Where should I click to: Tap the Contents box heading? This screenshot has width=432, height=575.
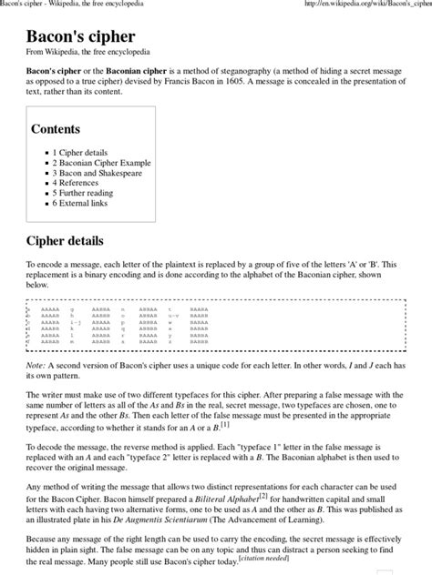pyautogui.click(x=56, y=129)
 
